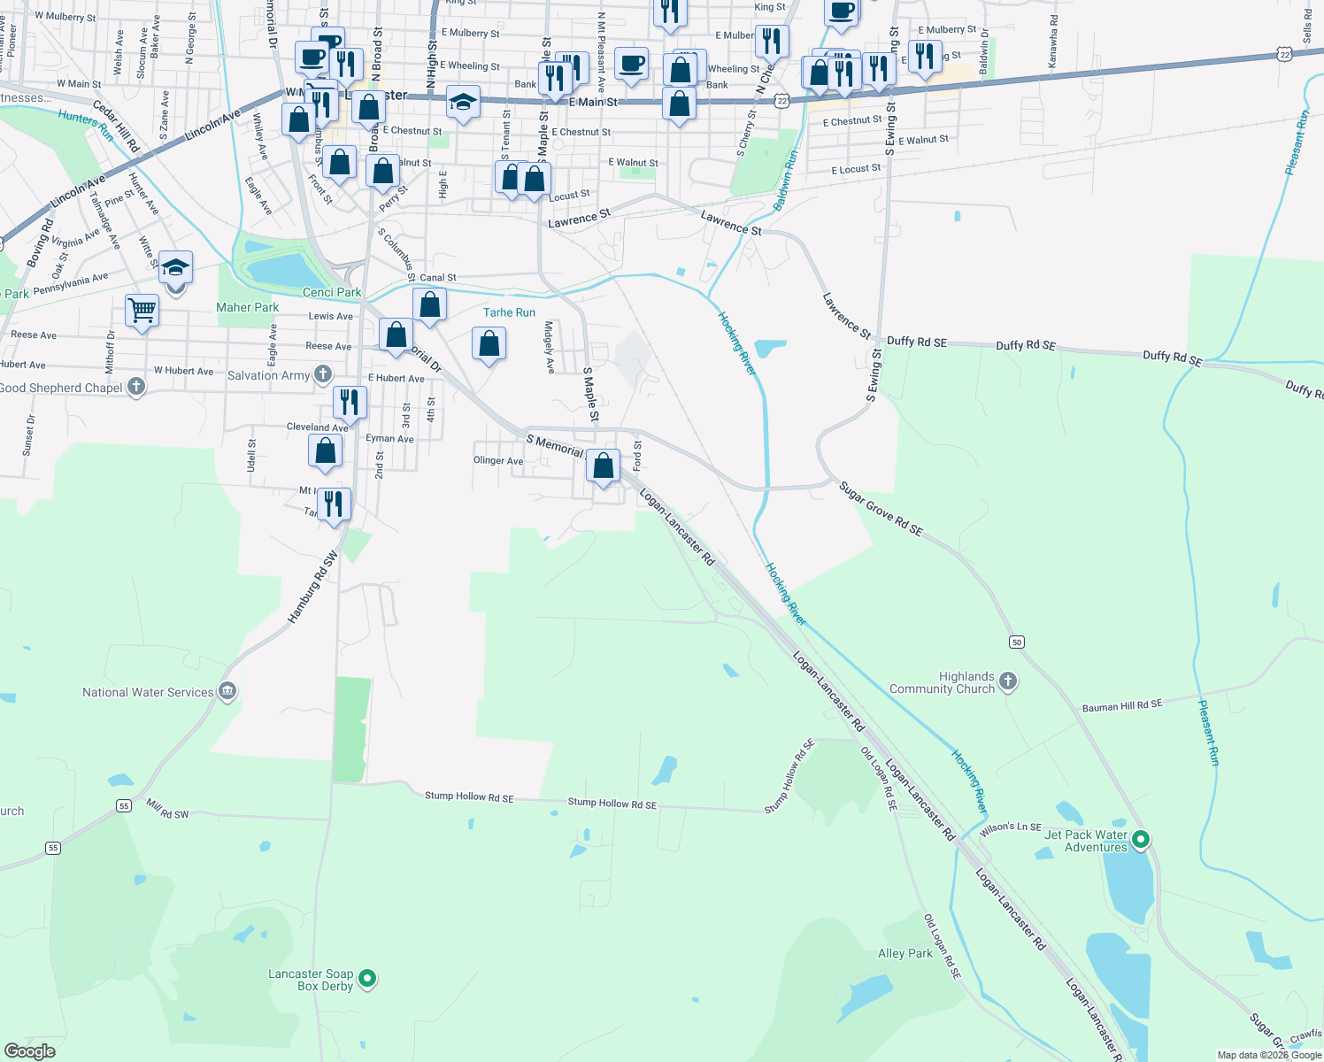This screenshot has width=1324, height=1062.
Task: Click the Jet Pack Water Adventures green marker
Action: pyautogui.click(x=1141, y=839)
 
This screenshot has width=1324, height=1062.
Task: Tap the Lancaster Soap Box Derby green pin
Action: pyautogui.click(x=367, y=979)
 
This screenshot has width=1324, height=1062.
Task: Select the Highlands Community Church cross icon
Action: pyautogui.click(x=1008, y=681)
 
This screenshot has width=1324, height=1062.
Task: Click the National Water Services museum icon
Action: pyautogui.click(x=227, y=691)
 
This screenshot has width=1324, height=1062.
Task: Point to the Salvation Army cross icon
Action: pyautogui.click(x=323, y=374)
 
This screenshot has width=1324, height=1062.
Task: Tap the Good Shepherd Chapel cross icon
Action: pyautogui.click(x=135, y=386)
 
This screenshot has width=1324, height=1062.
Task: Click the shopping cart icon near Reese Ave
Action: pyautogui.click(x=142, y=311)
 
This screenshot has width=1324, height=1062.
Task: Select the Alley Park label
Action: pyautogui.click(x=904, y=953)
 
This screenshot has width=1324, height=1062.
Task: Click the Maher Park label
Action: pyautogui.click(x=248, y=307)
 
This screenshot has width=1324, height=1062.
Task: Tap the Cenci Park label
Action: pyautogui.click(x=332, y=292)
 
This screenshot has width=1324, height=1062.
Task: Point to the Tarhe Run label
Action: pyautogui.click(x=509, y=312)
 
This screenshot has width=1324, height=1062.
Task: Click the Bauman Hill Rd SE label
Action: pyautogui.click(x=1122, y=705)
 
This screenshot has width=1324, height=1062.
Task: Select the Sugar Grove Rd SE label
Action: pyautogui.click(x=881, y=509)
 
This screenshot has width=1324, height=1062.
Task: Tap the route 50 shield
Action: pyautogui.click(x=1017, y=642)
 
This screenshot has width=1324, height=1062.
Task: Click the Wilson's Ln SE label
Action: pyautogui.click(x=1011, y=828)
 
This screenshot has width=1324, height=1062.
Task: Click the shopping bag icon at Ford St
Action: pyautogui.click(x=603, y=466)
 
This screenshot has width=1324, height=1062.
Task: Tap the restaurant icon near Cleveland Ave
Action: pyautogui.click(x=350, y=402)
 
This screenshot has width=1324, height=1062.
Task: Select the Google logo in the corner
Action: pyautogui.click(x=29, y=1051)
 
